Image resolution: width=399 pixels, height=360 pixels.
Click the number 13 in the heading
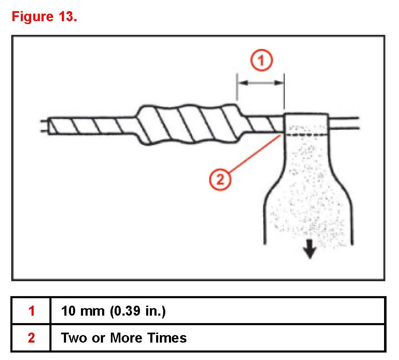[65, 17]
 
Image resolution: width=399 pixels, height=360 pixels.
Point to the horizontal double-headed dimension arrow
[260, 83]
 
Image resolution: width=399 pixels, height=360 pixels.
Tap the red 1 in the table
[32, 311]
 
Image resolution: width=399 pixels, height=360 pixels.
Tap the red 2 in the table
[32, 338]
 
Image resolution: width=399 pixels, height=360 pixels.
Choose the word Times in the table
[165, 338]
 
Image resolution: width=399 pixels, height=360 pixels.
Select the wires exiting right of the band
[345, 124]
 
